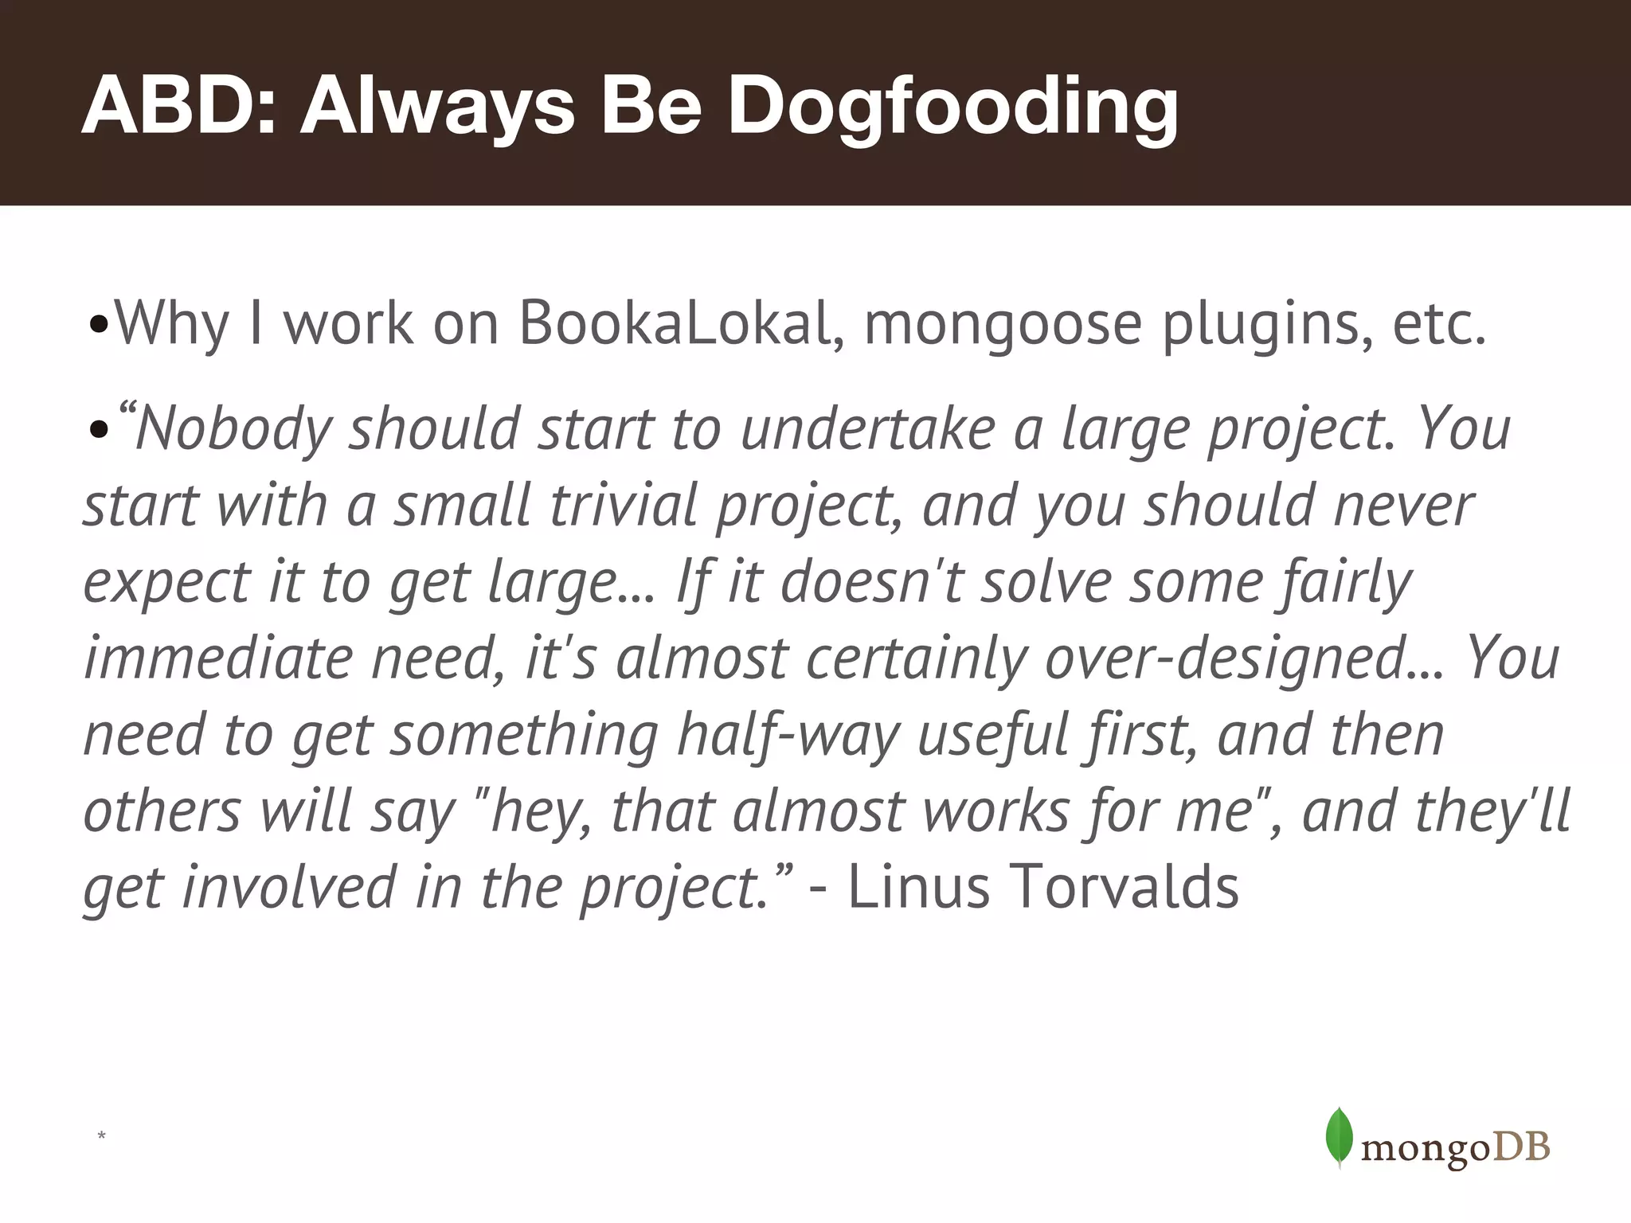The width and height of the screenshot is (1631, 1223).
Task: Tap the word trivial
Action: tap(624, 505)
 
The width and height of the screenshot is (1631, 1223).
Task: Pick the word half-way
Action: tap(788, 736)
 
